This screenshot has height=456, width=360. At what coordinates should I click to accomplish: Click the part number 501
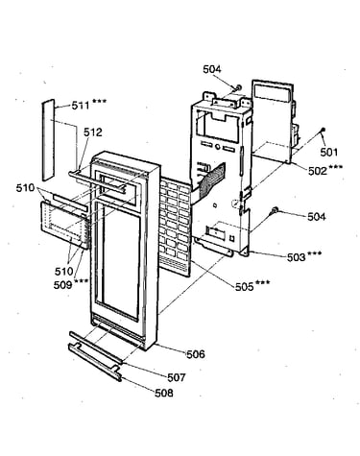tap(329, 152)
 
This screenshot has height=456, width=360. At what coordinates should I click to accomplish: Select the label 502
tap(318, 171)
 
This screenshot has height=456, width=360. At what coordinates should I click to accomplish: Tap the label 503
tap(297, 257)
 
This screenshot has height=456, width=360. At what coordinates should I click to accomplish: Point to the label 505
tap(245, 286)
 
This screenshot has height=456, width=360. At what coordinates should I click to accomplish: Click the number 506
tap(196, 354)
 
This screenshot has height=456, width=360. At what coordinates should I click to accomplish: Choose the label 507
tap(177, 377)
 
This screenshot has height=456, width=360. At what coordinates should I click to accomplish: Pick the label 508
tap(164, 393)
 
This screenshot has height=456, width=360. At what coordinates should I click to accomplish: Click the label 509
tap(62, 284)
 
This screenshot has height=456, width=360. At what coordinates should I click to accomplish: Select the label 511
tap(81, 106)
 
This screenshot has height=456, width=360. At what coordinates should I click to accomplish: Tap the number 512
tap(93, 132)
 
